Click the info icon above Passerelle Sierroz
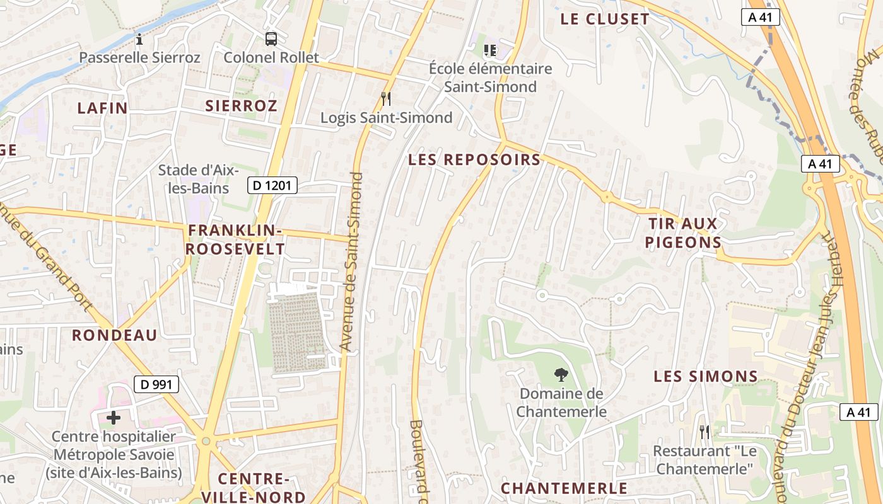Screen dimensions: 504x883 139,40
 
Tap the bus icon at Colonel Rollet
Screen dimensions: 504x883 271,39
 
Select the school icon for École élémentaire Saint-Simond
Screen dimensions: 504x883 490,50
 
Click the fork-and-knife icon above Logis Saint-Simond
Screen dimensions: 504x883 386,99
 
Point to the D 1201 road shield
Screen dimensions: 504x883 272,185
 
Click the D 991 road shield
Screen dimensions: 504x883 156,384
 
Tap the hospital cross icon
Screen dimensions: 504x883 114,417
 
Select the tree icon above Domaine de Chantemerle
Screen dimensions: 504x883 560,375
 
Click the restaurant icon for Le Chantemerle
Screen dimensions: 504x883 705,432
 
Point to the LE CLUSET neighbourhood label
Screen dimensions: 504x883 604,20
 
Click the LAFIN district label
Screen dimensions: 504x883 103,108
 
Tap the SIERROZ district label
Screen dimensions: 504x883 241,106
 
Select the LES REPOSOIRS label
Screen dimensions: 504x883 474,160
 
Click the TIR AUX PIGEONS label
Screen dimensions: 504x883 683,233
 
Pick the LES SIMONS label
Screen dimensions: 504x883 705,377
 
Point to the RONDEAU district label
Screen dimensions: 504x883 114,335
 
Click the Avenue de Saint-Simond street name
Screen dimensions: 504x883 351,261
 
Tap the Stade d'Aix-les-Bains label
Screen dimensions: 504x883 197,179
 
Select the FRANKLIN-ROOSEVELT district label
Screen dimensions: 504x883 235,240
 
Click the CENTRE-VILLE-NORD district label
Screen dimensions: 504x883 254,488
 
